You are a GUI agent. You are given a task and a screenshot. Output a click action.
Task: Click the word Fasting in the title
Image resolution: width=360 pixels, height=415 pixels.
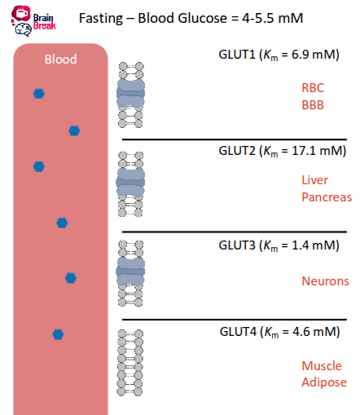click(102, 18)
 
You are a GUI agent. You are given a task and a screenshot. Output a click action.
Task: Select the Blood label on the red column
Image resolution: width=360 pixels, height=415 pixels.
click(60, 59)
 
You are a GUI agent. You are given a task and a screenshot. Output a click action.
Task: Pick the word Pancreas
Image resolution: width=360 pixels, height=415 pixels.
click(326, 197)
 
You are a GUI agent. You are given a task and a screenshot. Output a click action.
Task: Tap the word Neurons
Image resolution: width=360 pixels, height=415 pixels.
click(325, 281)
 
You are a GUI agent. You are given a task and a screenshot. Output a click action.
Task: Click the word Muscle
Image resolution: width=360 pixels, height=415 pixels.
click(322, 366)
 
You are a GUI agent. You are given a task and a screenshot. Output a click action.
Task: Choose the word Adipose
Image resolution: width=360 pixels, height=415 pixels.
click(324, 382)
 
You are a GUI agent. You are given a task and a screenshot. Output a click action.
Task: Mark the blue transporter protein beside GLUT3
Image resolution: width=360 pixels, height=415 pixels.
click(130, 272)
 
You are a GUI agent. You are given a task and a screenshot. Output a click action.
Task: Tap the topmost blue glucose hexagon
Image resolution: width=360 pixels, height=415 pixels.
click(38, 94)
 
